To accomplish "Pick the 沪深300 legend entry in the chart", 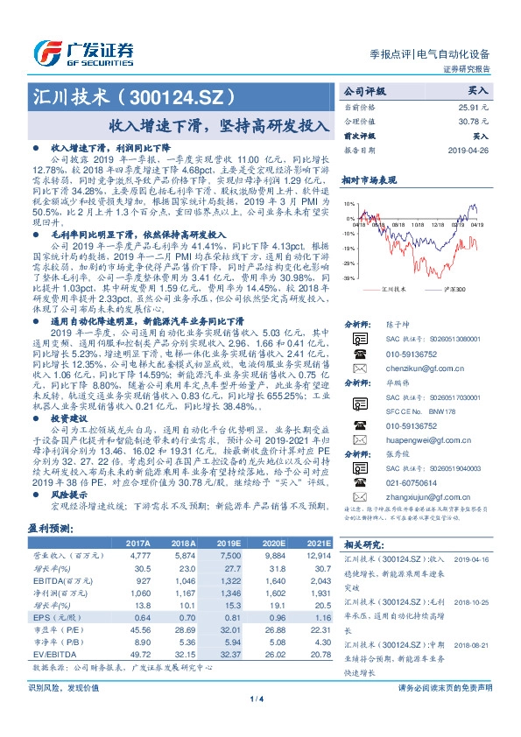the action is tap(453, 286).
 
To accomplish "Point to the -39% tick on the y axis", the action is tap(349, 277).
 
